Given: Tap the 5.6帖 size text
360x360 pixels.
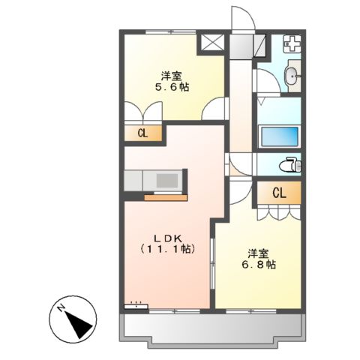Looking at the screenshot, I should tap(172, 88).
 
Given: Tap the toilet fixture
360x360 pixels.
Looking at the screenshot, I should tap(291, 164).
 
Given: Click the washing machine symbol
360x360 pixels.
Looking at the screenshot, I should tap(294, 46).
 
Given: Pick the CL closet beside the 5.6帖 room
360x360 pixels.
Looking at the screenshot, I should tap(142, 133).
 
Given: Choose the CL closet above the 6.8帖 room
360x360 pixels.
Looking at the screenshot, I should tap(278, 193).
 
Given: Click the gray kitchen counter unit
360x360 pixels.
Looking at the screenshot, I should tap(154, 181).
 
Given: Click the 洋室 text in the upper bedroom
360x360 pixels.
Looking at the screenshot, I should tap(172, 75).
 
